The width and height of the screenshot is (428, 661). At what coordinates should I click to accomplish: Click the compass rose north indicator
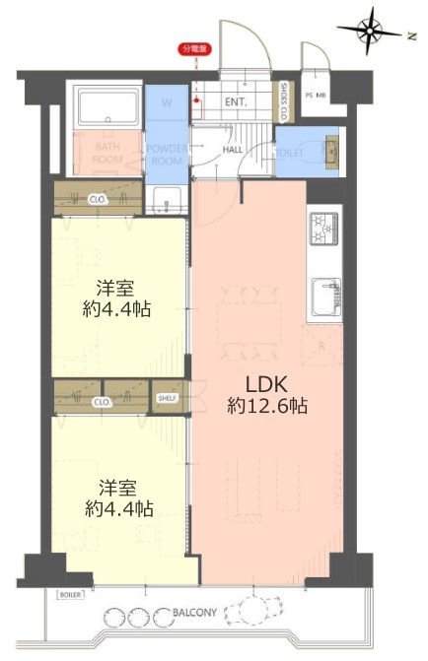pyautogui.click(x=373, y=31)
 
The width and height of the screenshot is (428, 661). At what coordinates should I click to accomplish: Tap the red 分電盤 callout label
pyautogui.click(x=197, y=48)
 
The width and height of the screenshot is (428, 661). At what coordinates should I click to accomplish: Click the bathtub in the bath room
pyautogui.click(x=107, y=105)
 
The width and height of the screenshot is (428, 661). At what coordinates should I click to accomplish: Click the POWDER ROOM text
pyautogui.click(x=166, y=154)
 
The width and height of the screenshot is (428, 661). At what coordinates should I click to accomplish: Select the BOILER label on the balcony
pyautogui.click(x=70, y=595)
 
